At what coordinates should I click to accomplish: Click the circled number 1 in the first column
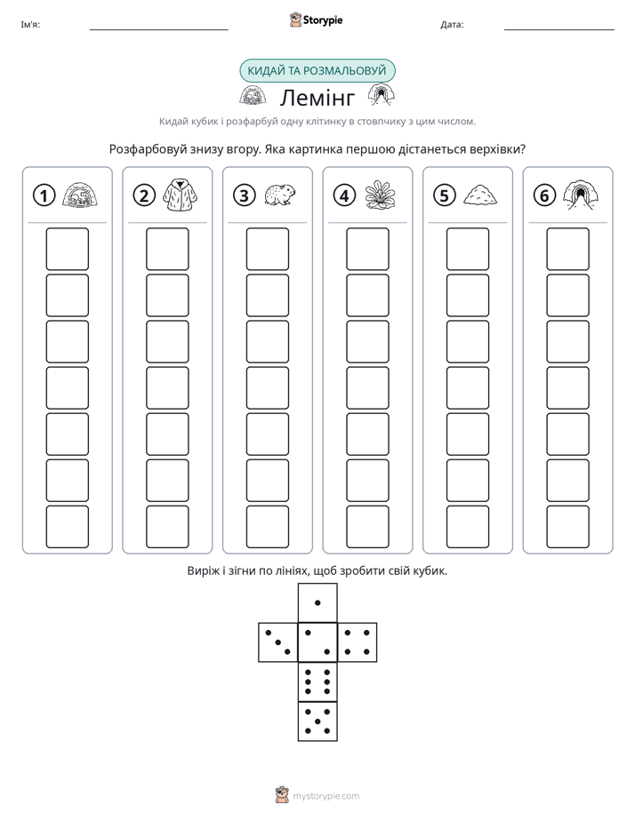pyautogui.click(x=44, y=195)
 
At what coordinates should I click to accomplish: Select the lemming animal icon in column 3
pyautogui.click(x=280, y=195)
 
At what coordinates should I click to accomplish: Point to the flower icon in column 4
pyautogui.click(x=380, y=195)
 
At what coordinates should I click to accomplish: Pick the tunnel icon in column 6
pyautogui.click(x=581, y=195)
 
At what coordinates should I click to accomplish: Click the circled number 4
pyautogui.click(x=344, y=195)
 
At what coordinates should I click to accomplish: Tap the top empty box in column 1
pyautogui.click(x=67, y=249)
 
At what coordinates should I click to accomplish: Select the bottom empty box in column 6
pyautogui.click(x=568, y=527)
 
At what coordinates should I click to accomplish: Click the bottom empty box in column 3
pyautogui.click(x=267, y=527)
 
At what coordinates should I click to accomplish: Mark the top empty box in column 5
pyautogui.click(x=468, y=249)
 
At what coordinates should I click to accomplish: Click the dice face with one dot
pyautogui.click(x=317, y=603)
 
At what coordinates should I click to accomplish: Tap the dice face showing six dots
pyautogui.click(x=317, y=682)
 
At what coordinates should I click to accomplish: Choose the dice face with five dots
pyautogui.click(x=317, y=721)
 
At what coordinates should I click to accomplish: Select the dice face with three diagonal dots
pyautogui.click(x=278, y=642)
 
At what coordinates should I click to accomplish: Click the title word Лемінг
pyautogui.click(x=317, y=98)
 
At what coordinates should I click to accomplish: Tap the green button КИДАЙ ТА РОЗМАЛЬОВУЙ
pyautogui.click(x=317, y=71)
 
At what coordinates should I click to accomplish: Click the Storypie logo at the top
pyautogui.click(x=316, y=20)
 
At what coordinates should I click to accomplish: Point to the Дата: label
pyautogui.click(x=452, y=25)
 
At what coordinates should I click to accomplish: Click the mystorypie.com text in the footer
pyautogui.click(x=326, y=796)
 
